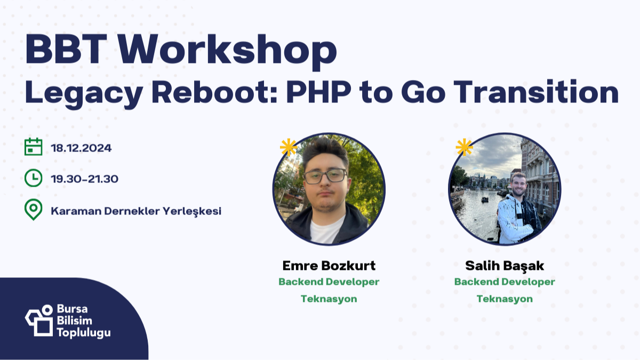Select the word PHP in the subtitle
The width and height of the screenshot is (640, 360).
pos(318,93)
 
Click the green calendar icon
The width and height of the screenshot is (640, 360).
pos(34,147)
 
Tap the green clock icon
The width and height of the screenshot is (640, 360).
pos(34,178)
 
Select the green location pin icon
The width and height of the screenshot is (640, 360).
pos(34,210)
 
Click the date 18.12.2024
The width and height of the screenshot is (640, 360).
pos(81,148)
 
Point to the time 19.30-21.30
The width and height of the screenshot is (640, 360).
pos(84,179)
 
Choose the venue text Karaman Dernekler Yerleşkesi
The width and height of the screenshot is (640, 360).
pos(136,211)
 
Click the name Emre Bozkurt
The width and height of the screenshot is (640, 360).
pos(329,266)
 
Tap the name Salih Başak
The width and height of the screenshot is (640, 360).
pos(504,266)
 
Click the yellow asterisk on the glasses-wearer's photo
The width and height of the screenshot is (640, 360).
pos(289,147)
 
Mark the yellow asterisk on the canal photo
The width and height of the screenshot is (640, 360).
pos(464,147)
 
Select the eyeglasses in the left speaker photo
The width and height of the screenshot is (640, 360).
pos(325,176)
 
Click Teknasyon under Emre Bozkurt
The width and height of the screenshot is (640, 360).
pos(329,299)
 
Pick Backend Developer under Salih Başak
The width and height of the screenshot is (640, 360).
pos(504,282)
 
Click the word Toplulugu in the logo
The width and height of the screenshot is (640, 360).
pos(84,333)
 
